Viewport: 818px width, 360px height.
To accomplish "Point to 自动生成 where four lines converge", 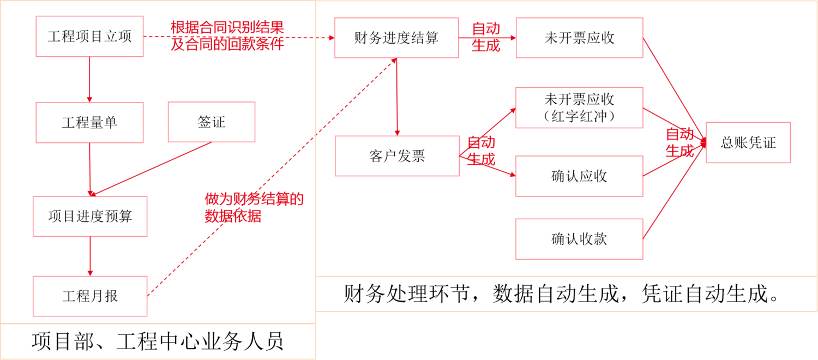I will pyautogui.click(x=679, y=142).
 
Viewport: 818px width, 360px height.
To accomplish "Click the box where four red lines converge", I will pyautogui.click(x=748, y=142).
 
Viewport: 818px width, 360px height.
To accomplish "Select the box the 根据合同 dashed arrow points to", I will pyautogui.click(x=396, y=38).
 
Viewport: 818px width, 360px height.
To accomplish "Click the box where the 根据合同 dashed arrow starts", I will pyautogui.click(x=89, y=36).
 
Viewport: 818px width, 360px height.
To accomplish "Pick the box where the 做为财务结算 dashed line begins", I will pyautogui.click(x=90, y=296).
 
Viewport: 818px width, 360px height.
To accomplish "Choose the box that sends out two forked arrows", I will pyautogui.click(x=397, y=156).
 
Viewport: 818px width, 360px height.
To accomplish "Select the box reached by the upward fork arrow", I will pyautogui.click(x=579, y=107).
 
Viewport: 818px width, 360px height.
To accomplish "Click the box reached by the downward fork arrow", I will pyautogui.click(x=579, y=176).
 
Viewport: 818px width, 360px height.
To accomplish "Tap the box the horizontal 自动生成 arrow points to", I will pyautogui.click(x=579, y=38).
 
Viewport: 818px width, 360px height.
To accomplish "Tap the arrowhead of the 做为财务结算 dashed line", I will pyautogui.click(x=392, y=62).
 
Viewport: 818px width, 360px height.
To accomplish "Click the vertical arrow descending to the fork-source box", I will pyautogui.click(x=397, y=98).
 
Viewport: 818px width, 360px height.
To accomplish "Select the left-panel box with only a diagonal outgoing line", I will pyautogui.click(x=211, y=122).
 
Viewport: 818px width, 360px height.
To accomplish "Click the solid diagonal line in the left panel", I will pyautogui.click(x=153, y=168).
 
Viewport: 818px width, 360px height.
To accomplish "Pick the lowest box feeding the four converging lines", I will pyautogui.click(x=579, y=239).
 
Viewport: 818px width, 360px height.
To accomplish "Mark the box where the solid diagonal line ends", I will pyautogui.click(x=90, y=216).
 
